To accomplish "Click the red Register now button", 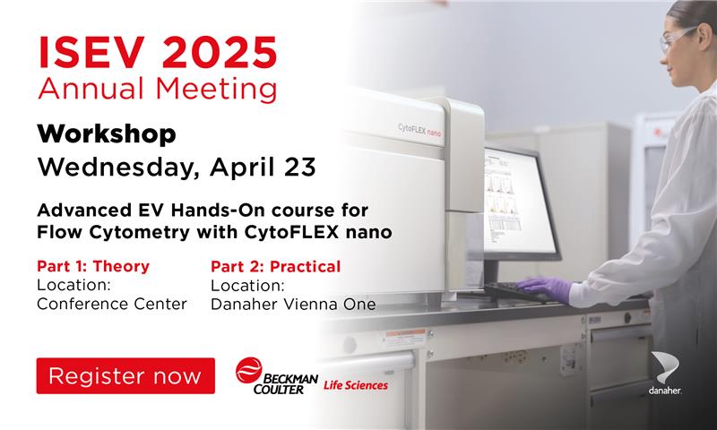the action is pos(125,375).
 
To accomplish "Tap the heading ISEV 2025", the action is pos(158,53).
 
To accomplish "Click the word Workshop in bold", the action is pos(107,134).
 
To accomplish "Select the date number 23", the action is pos(300,167).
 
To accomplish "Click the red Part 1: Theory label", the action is pos(93,266).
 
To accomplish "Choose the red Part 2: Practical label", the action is pos(275,266).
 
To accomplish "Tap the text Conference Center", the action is pos(112,304).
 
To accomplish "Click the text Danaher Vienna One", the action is pos(293,305).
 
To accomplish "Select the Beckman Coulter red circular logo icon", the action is pos(249,370).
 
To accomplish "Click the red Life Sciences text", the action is pos(356,385).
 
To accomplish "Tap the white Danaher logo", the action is pos(665,373).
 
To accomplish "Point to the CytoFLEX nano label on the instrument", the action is pos(419,130).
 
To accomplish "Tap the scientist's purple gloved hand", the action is pos(545,289).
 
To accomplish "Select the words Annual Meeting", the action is pos(158,89).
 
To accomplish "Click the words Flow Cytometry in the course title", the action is pos(113,232).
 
